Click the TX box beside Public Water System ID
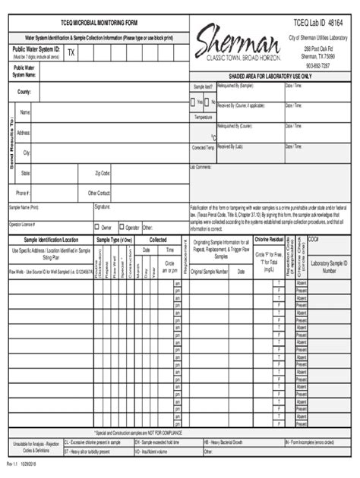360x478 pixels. point(71,53)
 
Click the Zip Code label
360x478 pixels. point(103,173)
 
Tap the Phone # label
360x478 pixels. point(24,193)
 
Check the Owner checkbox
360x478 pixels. point(97,226)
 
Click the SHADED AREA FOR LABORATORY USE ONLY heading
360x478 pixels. point(270,77)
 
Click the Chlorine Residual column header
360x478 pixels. point(270,239)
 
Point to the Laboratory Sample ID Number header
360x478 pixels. point(329,265)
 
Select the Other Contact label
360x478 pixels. point(99,193)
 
